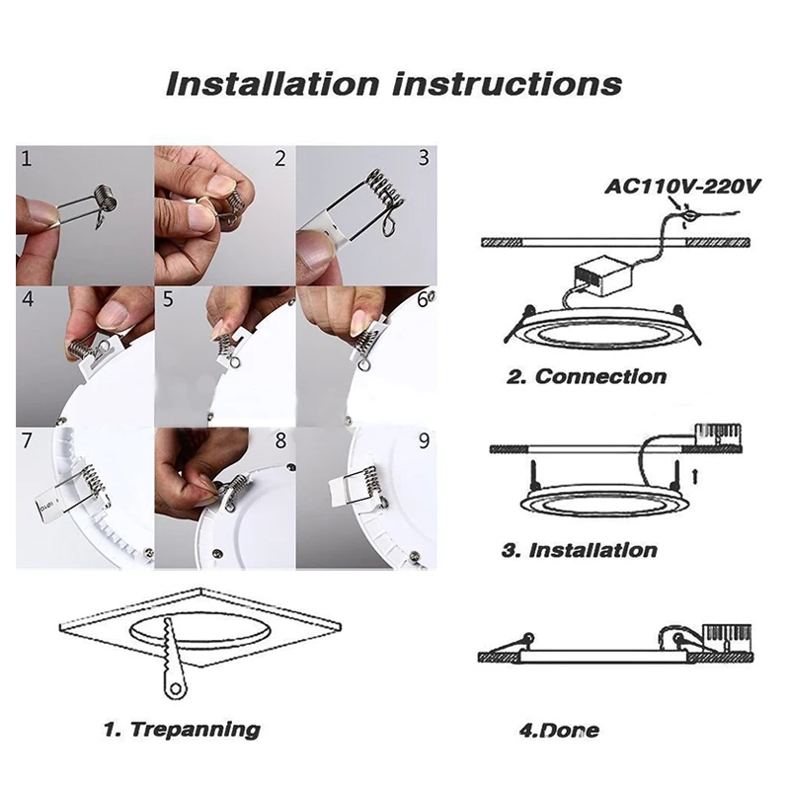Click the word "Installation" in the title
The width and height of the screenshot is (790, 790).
point(273,84)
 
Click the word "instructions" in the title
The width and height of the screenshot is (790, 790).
point(507,84)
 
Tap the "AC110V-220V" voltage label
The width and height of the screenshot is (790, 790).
point(682,187)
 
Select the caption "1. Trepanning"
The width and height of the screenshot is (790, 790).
point(182,729)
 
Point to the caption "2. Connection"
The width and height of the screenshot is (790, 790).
point(587,376)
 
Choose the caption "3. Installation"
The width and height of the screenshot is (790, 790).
point(580,550)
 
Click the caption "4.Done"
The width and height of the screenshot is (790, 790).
point(559,730)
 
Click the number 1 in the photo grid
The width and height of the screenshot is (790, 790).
point(27,159)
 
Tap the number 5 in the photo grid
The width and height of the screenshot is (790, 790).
point(168,299)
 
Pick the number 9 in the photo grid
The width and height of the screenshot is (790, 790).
point(424,440)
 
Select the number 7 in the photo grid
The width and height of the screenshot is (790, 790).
point(27,440)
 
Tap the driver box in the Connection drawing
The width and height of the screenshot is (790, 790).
point(603,276)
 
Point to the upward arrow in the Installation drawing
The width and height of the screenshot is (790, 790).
point(695,476)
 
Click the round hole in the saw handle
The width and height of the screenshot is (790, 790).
point(175,688)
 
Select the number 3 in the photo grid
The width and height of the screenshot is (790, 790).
point(424,158)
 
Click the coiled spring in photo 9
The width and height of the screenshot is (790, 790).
point(370,483)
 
